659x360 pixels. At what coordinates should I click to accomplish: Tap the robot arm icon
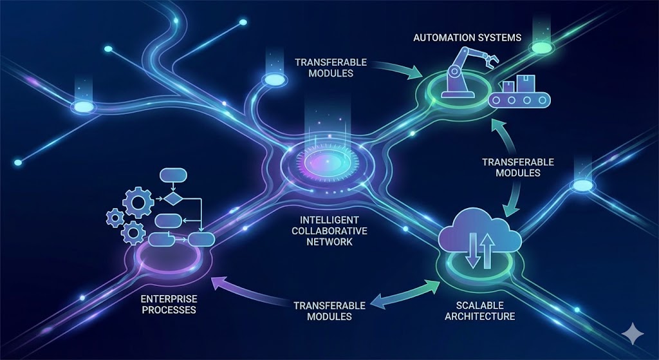(x=458, y=72)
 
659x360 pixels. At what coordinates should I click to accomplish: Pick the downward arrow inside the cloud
(x=471, y=251)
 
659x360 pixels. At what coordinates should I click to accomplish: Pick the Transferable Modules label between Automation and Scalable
(x=518, y=167)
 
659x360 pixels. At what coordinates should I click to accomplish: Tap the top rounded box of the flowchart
(x=172, y=175)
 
